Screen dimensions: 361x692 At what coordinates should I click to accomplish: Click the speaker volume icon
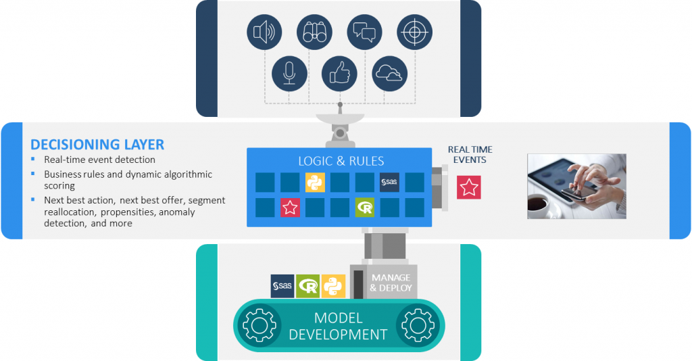tap(264, 32)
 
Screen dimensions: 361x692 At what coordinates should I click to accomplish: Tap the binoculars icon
tap(314, 32)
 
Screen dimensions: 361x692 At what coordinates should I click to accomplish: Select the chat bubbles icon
tap(365, 32)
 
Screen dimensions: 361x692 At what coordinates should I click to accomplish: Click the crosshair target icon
tap(414, 32)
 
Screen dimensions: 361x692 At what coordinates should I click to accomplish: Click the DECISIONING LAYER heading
tap(97, 145)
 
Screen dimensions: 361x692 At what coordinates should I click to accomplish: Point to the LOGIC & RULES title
tap(341, 161)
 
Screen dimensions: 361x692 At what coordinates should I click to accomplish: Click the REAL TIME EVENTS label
tap(470, 154)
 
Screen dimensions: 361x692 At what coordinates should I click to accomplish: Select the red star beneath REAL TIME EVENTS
tap(468, 187)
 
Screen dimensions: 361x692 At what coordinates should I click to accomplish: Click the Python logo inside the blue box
tap(315, 183)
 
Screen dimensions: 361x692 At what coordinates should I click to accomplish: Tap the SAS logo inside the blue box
tap(389, 183)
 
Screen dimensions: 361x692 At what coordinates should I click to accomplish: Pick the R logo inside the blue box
tap(365, 208)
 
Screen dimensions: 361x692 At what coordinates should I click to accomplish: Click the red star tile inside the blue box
tap(290, 208)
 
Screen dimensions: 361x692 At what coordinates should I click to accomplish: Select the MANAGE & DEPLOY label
tap(391, 283)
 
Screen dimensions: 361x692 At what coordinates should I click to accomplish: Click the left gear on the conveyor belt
tap(257, 326)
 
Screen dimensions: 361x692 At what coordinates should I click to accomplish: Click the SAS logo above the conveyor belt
tap(282, 287)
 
